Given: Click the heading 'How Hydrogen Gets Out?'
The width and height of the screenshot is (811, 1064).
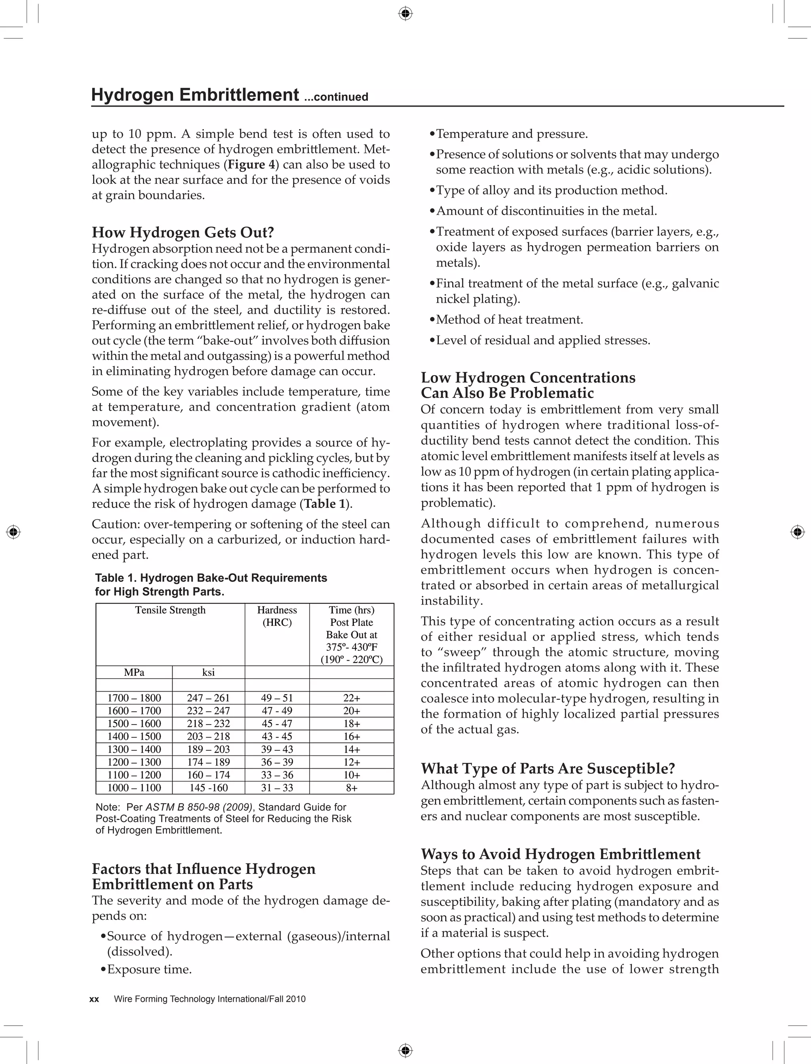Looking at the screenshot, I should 183,233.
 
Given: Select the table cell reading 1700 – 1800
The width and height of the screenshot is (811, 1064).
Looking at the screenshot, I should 134,698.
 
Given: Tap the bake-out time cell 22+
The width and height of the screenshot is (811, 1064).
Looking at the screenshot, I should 351,698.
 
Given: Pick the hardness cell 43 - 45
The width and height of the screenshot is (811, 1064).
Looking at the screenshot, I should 277,736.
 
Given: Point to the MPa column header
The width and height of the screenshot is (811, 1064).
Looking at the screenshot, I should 134,672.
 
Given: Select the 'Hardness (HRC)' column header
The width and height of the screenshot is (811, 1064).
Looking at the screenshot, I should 277,616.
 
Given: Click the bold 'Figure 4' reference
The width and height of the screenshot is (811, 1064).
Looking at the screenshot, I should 251,165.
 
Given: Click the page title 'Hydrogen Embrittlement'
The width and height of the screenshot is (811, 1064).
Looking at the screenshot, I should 195,95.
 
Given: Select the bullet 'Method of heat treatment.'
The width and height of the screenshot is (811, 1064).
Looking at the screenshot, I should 509,320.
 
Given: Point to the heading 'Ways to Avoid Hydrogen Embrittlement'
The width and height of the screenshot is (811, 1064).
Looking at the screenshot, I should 560,854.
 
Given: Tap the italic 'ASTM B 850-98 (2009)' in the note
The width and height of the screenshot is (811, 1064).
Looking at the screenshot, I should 199,807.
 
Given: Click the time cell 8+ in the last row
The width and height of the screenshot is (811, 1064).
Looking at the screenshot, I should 351,788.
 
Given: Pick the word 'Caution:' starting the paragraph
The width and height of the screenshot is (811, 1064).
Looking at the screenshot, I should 114,524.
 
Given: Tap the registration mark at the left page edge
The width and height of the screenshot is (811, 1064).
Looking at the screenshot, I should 14,532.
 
